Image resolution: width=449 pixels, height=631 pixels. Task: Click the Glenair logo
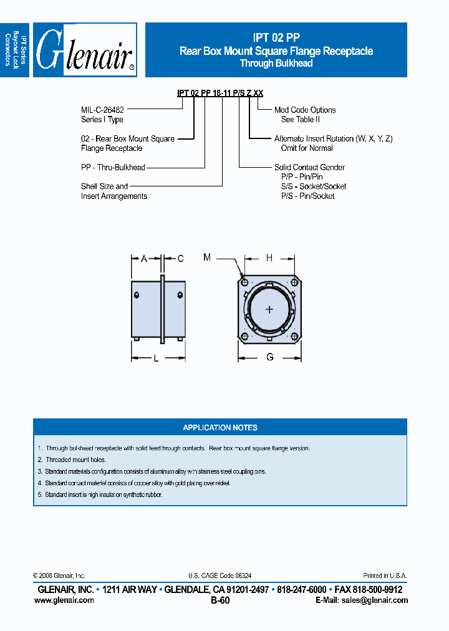85,50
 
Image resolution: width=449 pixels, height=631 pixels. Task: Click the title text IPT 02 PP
276,38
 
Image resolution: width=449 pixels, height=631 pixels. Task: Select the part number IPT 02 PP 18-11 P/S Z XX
220,93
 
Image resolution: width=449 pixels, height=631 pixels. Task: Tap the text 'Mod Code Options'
305,110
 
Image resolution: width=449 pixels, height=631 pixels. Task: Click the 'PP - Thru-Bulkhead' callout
113,167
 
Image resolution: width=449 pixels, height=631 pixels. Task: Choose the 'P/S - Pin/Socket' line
308,196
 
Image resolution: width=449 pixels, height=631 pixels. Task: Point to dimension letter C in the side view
181,258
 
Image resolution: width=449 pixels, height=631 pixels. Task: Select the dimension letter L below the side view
156,358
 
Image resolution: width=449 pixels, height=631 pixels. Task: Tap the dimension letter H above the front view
269,258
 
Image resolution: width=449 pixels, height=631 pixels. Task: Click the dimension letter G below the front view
269,357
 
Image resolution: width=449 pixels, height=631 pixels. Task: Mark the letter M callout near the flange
207,257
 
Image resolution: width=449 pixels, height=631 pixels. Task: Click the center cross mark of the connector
269,310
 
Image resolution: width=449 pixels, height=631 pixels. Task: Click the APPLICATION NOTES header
220,428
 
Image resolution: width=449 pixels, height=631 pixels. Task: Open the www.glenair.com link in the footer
64,600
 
